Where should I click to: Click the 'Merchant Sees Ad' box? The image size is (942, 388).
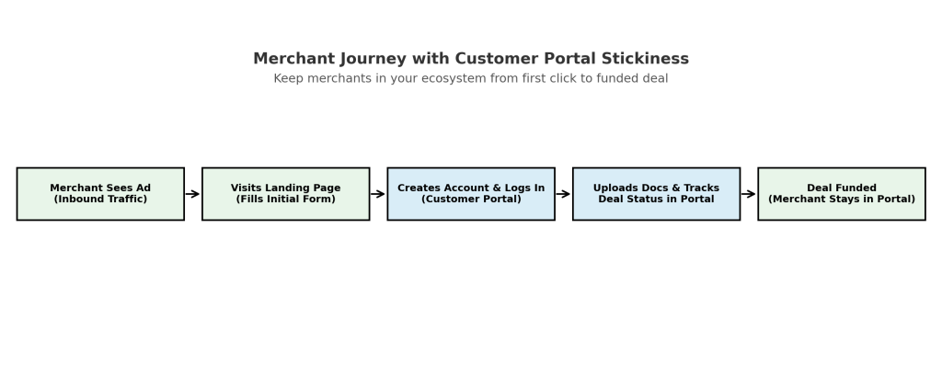[x=100, y=193]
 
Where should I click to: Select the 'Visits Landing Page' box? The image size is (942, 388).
[x=285, y=193]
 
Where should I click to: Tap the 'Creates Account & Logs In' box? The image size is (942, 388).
[x=471, y=193]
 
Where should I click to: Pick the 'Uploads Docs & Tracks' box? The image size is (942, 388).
[x=656, y=193]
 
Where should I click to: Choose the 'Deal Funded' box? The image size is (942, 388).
[x=842, y=193]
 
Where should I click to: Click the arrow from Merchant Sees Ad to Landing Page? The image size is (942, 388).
[x=192, y=194]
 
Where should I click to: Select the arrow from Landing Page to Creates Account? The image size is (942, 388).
[x=378, y=194]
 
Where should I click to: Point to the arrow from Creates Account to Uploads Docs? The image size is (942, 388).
[x=563, y=194]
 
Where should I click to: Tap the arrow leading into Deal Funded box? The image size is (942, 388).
[x=749, y=194]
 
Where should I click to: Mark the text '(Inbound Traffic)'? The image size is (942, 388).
[x=100, y=200]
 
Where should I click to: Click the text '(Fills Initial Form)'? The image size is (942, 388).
[x=285, y=200]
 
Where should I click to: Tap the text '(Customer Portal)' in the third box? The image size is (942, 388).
[x=471, y=200]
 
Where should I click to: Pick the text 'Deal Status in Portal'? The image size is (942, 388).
[x=656, y=200]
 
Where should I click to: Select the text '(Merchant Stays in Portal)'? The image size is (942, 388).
[x=842, y=200]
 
